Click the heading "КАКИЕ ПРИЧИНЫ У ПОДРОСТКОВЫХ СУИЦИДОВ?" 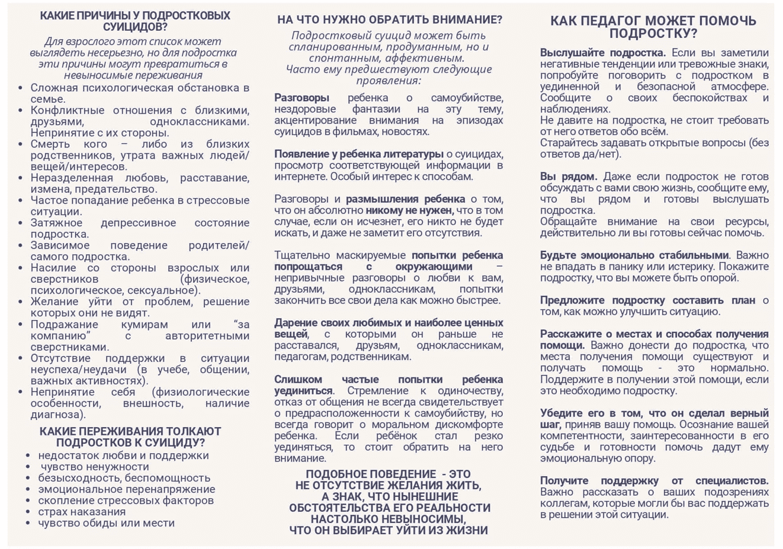(135, 21)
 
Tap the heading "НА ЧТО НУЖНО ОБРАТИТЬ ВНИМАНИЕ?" (389, 20)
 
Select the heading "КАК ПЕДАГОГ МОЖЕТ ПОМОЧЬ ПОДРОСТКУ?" (653, 27)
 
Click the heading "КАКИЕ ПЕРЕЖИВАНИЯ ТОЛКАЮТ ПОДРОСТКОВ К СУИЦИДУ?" (130, 437)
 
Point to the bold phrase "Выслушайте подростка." (602, 53)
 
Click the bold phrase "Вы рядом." (568, 176)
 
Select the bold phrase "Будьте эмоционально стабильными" (634, 255)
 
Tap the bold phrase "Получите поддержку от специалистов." (654, 480)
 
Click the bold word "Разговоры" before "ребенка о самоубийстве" (301, 98)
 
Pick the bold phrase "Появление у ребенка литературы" (358, 154)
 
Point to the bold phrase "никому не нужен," (409, 210)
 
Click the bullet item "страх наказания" (82, 512)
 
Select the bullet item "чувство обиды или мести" (106, 523)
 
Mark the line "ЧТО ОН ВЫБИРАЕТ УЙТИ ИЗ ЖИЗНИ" (389, 530)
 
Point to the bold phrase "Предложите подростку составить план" (647, 300)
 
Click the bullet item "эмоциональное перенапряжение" (126, 489)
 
